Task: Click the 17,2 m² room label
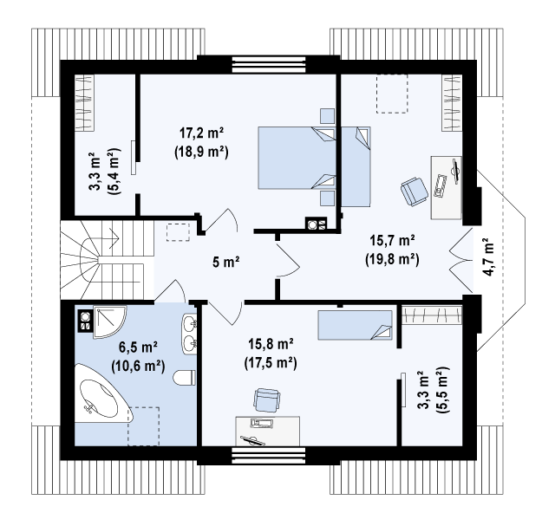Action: (x=201, y=133)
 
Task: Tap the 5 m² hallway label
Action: (x=225, y=262)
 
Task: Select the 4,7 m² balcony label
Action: (x=487, y=257)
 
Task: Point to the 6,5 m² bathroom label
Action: (x=138, y=348)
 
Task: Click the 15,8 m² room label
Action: (x=271, y=344)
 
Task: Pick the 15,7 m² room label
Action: (x=392, y=241)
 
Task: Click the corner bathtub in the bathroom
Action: (x=103, y=393)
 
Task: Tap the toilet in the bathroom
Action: (x=184, y=378)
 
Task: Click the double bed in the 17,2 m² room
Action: (x=297, y=158)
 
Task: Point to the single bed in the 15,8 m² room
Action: (x=355, y=325)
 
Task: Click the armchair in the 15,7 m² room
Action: (x=415, y=191)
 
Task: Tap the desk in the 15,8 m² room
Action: (x=268, y=432)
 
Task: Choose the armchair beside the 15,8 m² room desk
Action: (x=267, y=400)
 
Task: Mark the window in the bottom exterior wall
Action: (x=269, y=455)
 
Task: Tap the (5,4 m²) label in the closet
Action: (x=114, y=171)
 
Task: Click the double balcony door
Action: (x=460, y=262)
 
